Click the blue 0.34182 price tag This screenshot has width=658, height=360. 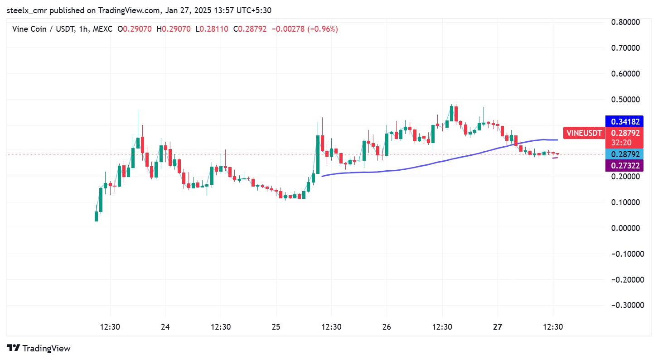(625, 121)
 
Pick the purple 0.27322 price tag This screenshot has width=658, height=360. (625, 166)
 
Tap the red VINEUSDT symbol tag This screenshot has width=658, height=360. (584, 133)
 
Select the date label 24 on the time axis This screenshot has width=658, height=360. (165, 327)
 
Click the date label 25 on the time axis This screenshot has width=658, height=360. (276, 327)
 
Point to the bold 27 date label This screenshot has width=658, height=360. (498, 327)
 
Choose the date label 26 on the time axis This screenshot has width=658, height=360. (387, 327)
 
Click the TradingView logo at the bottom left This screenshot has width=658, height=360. (39, 348)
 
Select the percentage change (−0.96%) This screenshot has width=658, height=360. (323, 29)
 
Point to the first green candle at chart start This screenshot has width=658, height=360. (96, 216)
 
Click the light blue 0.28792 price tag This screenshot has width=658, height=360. (625, 154)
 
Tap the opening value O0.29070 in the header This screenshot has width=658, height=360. (135, 29)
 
